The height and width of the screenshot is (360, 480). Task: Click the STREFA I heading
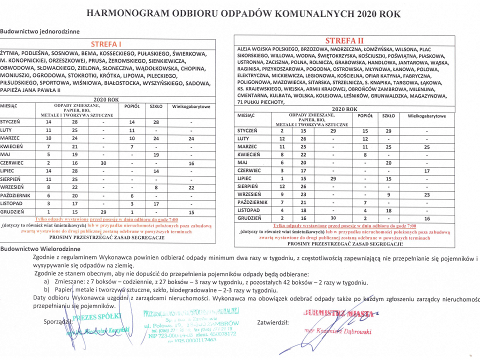tap(106, 44)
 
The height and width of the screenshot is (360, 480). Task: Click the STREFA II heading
tap(344, 40)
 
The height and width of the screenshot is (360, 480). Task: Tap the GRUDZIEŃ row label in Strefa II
tap(249, 218)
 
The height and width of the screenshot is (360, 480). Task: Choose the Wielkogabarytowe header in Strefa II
tap(426, 115)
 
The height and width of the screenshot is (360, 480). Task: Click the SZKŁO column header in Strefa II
tap(388, 115)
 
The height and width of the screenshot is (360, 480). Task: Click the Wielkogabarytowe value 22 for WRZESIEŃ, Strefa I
tap(191, 187)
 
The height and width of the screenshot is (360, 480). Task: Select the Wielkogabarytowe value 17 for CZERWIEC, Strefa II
tap(426, 170)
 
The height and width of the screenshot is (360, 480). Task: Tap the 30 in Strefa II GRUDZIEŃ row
tap(333, 218)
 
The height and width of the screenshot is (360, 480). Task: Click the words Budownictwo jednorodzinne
tap(40, 31)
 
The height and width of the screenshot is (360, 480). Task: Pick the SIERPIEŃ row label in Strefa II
tap(247, 186)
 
